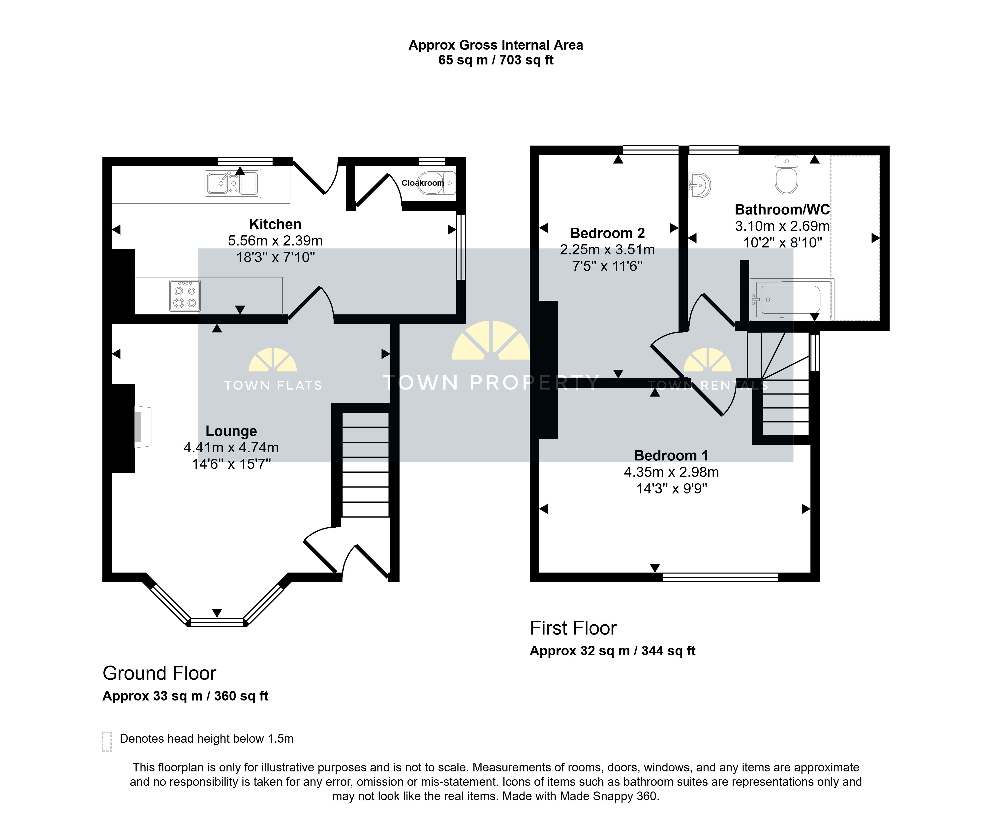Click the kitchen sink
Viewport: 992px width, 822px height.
click(232, 183)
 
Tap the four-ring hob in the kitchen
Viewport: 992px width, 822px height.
click(185, 296)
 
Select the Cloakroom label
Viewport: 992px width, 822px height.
click(423, 183)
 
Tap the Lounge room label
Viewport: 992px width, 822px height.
click(231, 431)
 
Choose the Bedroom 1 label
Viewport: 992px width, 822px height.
click(671, 456)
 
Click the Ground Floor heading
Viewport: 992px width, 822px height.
click(160, 673)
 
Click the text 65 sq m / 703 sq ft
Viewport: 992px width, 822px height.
click(496, 60)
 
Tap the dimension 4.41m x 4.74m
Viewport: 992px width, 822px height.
click(231, 447)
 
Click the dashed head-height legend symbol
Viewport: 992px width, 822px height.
click(107, 741)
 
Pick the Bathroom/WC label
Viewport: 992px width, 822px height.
click(782, 209)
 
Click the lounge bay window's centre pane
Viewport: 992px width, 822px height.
click(217, 622)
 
